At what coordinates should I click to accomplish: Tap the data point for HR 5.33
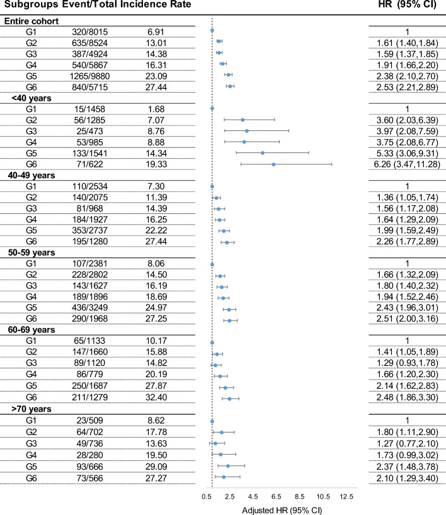point(263,153)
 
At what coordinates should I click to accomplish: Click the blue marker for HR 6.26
point(273,164)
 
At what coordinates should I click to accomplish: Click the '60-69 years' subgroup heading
point(35,329)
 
